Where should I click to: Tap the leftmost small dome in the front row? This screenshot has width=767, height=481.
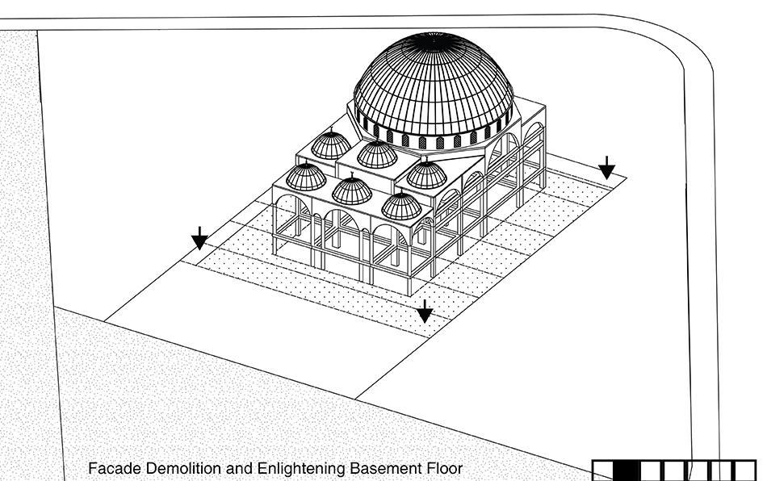pyautogui.click(x=306, y=178)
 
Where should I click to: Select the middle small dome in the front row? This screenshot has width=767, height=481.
pyautogui.click(x=352, y=191)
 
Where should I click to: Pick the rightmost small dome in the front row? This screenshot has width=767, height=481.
pyautogui.click(x=401, y=207)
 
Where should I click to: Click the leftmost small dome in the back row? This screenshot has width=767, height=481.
pyautogui.click(x=331, y=146)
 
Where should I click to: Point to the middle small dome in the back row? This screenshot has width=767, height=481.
pyautogui.click(x=377, y=155)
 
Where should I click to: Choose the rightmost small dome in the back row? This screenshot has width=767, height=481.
pyautogui.click(x=426, y=175)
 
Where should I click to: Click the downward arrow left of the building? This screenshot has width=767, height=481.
pyautogui.click(x=199, y=238)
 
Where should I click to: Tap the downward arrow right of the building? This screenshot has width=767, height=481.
pyautogui.click(x=606, y=168)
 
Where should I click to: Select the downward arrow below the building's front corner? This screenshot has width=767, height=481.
pyautogui.click(x=425, y=311)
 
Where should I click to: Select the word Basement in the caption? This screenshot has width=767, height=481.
pyautogui.click(x=384, y=468)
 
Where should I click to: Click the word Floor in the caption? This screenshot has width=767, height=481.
pyautogui.click(x=443, y=468)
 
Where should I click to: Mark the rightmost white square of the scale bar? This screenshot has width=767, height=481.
pyautogui.click(x=744, y=471)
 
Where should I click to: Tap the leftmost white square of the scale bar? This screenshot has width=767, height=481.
pyautogui.click(x=603, y=471)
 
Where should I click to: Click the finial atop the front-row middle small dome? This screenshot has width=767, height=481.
pyautogui.click(x=352, y=174)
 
